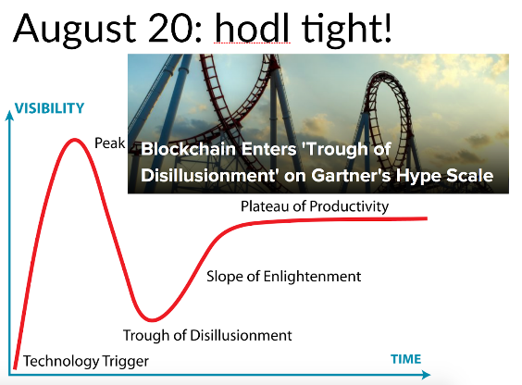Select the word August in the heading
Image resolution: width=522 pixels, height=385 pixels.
click(x=75, y=30)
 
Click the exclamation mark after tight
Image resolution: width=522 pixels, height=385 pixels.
click(x=387, y=27)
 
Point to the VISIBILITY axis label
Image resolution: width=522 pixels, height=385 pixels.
click(x=49, y=108)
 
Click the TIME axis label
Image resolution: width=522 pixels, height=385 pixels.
click(x=405, y=359)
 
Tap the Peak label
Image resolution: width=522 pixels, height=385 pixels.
click(x=110, y=143)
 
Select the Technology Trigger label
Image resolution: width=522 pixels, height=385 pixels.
click(x=86, y=362)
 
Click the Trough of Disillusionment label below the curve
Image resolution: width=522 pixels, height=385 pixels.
click(x=207, y=335)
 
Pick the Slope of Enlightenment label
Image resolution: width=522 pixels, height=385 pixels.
click(x=283, y=277)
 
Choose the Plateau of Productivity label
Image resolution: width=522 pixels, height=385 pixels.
click(x=315, y=206)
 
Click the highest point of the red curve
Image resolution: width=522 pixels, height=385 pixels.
click(x=75, y=140)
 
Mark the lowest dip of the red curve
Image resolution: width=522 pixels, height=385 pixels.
click(x=152, y=320)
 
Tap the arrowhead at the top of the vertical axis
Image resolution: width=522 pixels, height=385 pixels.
click(x=9, y=115)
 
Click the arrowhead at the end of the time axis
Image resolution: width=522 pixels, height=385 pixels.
click(x=427, y=375)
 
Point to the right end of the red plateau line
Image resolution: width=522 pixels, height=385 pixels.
click(x=427, y=218)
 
